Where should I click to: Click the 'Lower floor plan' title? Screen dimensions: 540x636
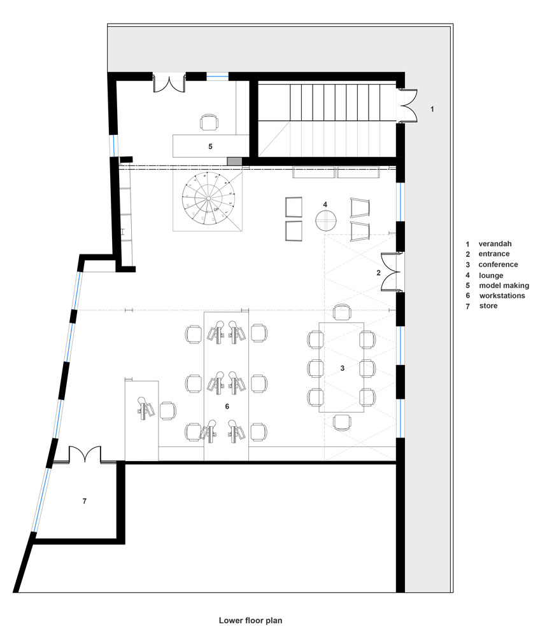click(250, 620)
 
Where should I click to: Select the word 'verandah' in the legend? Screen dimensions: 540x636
click(495, 244)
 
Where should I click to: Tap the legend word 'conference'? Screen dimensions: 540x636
click(498, 265)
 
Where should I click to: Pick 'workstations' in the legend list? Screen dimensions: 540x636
click(502, 296)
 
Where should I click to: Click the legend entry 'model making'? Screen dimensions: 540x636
click(504, 286)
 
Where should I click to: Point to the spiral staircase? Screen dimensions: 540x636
click(208, 198)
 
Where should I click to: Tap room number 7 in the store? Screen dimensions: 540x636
click(85, 501)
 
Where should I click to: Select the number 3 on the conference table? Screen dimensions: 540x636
click(342, 368)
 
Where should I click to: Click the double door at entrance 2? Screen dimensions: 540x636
click(390, 272)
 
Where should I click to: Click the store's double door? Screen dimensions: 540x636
click(85, 454)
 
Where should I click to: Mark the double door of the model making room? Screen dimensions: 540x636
click(169, 83)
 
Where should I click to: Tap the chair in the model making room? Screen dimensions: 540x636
click(209, 122)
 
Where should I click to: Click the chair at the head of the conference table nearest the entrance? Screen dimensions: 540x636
click(342, 312)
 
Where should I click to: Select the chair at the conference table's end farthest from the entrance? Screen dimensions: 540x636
click(342, 422)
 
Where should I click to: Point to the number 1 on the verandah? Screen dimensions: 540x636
click(432, 109)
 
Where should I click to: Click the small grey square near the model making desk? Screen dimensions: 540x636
click(234, 162)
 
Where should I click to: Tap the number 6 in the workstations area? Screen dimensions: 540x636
click(227, 406)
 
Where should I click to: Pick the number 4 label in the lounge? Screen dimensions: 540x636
click(325, 204)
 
